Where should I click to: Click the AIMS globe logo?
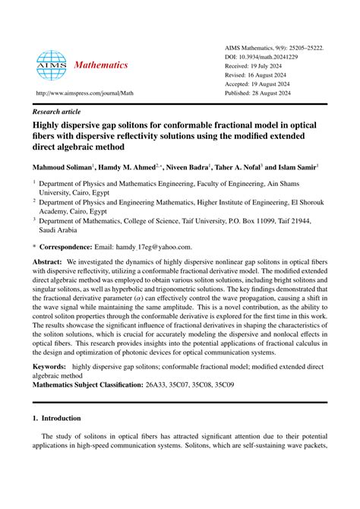coord(52,65)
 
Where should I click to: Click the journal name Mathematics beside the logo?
coord(100,65)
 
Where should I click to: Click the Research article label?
coord(58,109)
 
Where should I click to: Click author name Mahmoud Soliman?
coord(62,166)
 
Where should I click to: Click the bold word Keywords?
coord(49,367)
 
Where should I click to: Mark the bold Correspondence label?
coord(74,247)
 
